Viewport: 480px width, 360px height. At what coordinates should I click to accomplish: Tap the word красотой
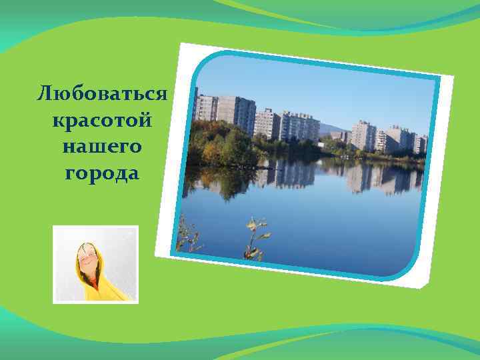click(x=101, y=121)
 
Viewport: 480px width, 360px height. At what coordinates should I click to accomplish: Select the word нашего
click(x=101, y=147)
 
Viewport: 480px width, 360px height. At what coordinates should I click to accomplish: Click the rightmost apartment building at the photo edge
click(x=422, y=143)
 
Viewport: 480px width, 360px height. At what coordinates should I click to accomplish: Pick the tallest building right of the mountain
click(x=364, y=135)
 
